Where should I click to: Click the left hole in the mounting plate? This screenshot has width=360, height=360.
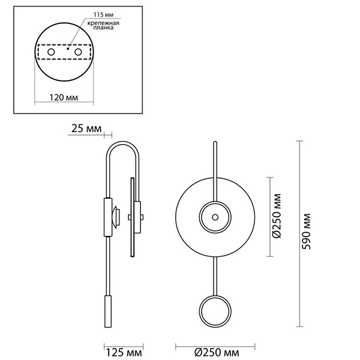pos(52,53)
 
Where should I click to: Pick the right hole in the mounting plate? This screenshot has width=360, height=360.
pos(78,53)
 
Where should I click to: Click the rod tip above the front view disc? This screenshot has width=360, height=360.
pos(214,143)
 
